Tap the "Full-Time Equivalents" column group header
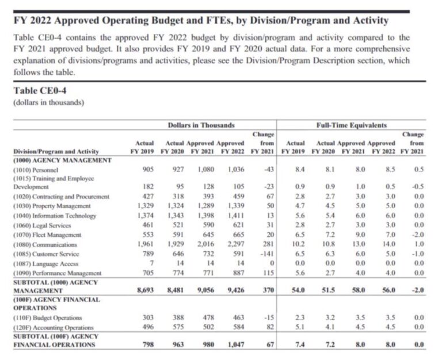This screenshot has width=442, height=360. click(351, 125)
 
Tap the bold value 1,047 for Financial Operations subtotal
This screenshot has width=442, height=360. click(236, 345)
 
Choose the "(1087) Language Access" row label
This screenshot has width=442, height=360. click(42, 263)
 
